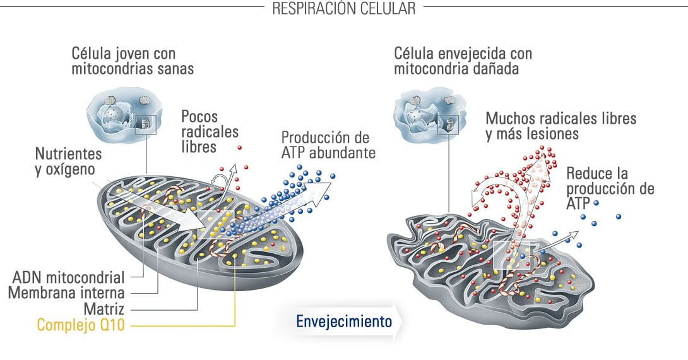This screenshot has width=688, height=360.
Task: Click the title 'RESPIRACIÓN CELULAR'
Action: click(343, 8)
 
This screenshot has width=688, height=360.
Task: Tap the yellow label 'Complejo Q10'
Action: click(81, 325)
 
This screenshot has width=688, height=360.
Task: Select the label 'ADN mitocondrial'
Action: click(68, 277)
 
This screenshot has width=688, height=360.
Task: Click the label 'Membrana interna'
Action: click(66, 293)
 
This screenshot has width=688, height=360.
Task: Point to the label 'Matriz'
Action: click(104, 309)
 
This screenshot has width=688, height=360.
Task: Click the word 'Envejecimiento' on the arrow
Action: click(344, 321)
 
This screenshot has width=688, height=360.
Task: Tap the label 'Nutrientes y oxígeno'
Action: click(68, 161)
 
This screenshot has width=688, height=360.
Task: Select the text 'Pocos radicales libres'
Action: click(210, 131)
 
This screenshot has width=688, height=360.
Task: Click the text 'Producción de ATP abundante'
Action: click(329, 145)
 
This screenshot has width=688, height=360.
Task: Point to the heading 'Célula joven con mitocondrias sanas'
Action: click(133, 61)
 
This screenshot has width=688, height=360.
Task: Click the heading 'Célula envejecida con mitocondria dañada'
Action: click(463, 61)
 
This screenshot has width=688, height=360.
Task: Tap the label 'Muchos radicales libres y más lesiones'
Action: click(560, 126)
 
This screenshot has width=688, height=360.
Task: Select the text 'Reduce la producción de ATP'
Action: click(610, 188)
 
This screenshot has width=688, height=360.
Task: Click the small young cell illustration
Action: click(124, 114)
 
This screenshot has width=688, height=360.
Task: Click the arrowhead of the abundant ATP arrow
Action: click(323, 192)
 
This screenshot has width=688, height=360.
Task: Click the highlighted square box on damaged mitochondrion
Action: click(512, 254)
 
